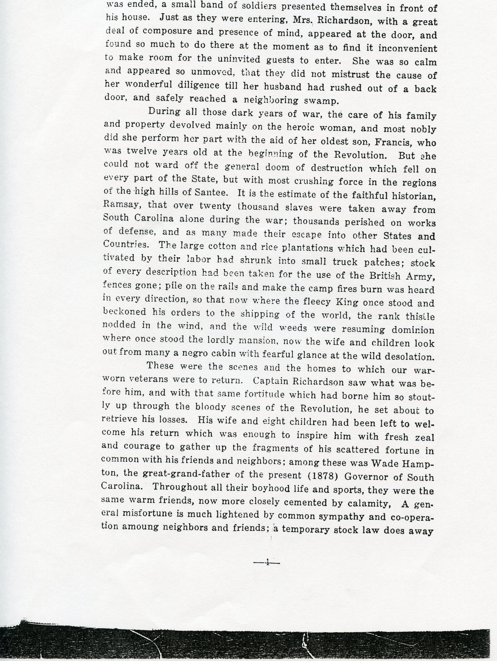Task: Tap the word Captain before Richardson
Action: pos(271,381)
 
